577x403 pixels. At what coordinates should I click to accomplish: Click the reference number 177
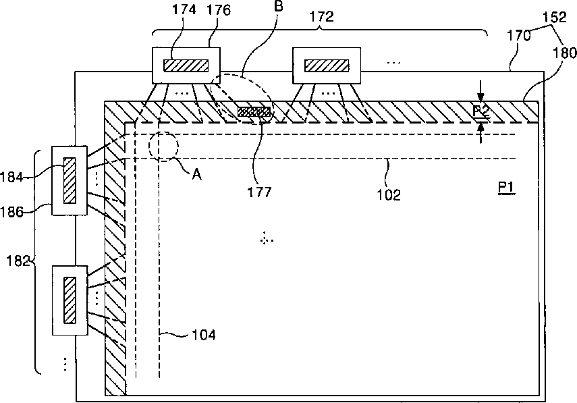tap(259, 192)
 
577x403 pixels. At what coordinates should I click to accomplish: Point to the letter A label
tap(196, 173)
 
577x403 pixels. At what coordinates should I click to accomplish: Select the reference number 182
tap(16, 261)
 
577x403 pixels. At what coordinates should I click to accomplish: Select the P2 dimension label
tap(480, 110)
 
